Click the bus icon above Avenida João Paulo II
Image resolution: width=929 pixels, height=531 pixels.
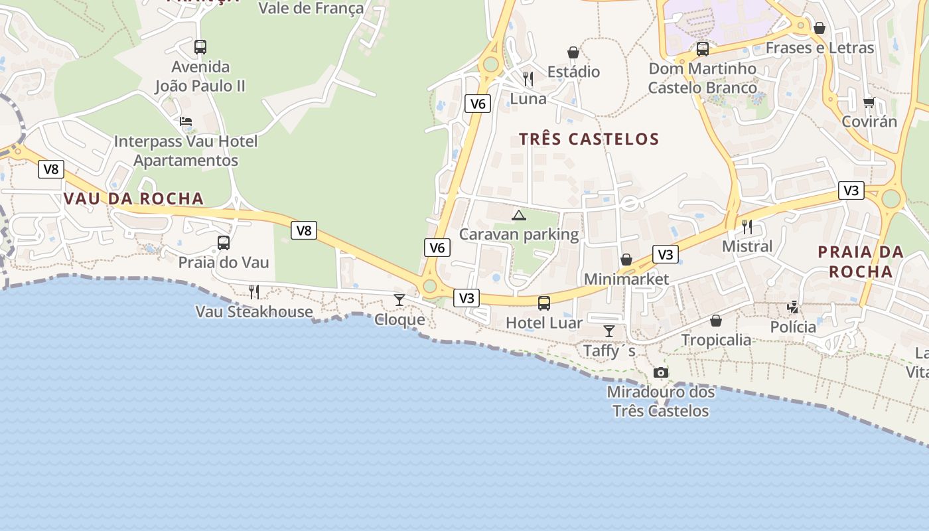click(x=200, y=47)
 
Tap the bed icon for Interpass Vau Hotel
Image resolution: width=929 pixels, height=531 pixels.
click(x=186, y=121)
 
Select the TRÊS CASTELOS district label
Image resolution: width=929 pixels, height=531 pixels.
click(x=589, y=139)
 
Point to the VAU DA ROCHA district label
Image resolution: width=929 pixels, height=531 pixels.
click(x=133, y=199)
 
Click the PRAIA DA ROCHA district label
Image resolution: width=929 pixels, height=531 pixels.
click(x=860, y=262)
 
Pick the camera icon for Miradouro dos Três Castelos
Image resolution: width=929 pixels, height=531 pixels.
click(x=660, y=372)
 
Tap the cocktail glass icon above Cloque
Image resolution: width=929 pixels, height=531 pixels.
click(x=399, y=300)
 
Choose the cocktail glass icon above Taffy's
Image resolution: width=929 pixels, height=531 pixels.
click(x=608, y=331)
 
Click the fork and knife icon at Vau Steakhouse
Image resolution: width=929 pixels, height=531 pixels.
click(x=253, y=291)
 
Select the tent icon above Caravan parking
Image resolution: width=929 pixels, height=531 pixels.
click(x=519, y=215)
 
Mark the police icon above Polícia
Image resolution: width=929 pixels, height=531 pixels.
click(x=793, y=307)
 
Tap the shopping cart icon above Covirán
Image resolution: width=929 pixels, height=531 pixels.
click(x=869, y=102)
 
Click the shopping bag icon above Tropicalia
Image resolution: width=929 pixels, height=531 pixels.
click(x=716, y=321)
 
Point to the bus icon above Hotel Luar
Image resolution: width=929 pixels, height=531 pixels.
click(x=543, y=303)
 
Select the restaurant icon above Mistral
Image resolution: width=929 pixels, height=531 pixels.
click(x=747, y=226)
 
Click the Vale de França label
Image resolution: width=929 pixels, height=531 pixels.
click(x=311, y=8)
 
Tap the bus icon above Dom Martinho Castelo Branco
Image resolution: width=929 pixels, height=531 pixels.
click(x=702, y=49)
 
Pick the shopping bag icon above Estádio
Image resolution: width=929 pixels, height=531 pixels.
click(x=573, y=52)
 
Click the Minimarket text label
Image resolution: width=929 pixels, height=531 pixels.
click(x=626, y=279)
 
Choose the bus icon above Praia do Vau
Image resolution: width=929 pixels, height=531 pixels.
click(x=224, y=242)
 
